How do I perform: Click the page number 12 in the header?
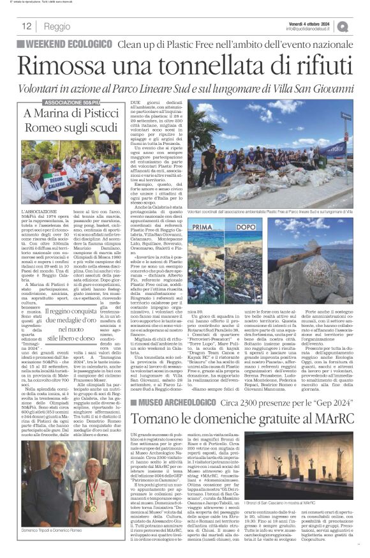(27, 26)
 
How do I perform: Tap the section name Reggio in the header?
(58, 27)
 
